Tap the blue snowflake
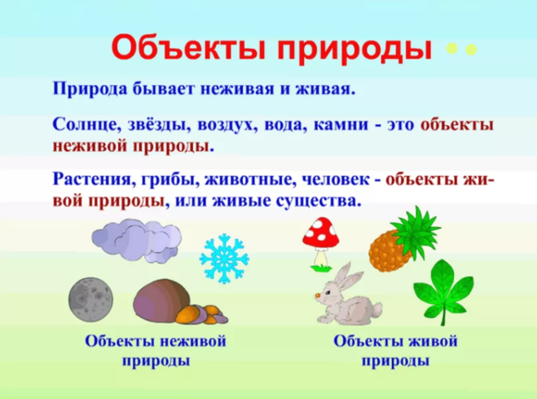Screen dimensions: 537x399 click(224, 259)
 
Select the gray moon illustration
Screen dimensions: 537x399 click(90, 299)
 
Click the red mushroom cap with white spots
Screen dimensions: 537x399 click(321, 233)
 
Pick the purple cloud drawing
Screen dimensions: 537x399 click(136, 240)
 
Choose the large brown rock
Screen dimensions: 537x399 click(161, 300)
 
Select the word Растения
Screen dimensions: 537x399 click(92, 180)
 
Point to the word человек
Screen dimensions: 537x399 click(335, 180)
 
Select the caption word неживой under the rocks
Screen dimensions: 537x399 click(193, 341)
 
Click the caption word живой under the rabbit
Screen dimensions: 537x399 click(433, 341)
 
